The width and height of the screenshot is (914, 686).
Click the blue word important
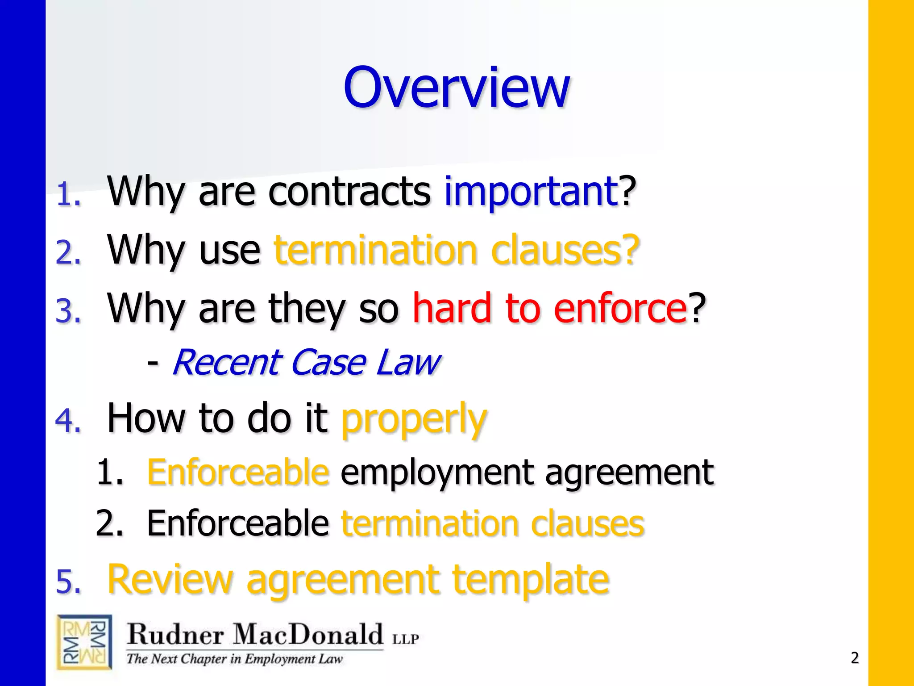[x=531, y=192]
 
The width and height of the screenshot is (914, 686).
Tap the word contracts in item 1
[x=349, y=192]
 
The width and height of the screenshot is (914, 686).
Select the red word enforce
[x=620, y=308]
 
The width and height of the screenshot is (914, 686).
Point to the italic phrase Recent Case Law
[x=306, y=363]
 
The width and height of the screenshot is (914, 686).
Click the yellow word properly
[x=414, y=420]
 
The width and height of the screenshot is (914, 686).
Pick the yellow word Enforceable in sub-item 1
[x=238, y=472]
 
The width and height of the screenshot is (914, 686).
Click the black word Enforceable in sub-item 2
[x=238, y=523]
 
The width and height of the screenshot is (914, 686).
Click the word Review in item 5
[x=170, y=580]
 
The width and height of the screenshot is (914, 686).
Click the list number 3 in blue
[x=68, y=311]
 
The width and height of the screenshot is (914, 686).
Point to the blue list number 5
[x=68, y=583]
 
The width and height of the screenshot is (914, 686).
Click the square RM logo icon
[x=84, y=642]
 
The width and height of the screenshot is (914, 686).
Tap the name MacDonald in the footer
[x=308, y=634]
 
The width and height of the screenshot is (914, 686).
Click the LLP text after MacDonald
[x=405, y=639]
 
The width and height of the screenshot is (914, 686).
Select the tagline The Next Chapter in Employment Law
[x=235, y=659]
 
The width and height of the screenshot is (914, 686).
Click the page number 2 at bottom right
[x=854, y=658]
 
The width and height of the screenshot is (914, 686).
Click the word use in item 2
[x=229, y=250]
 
